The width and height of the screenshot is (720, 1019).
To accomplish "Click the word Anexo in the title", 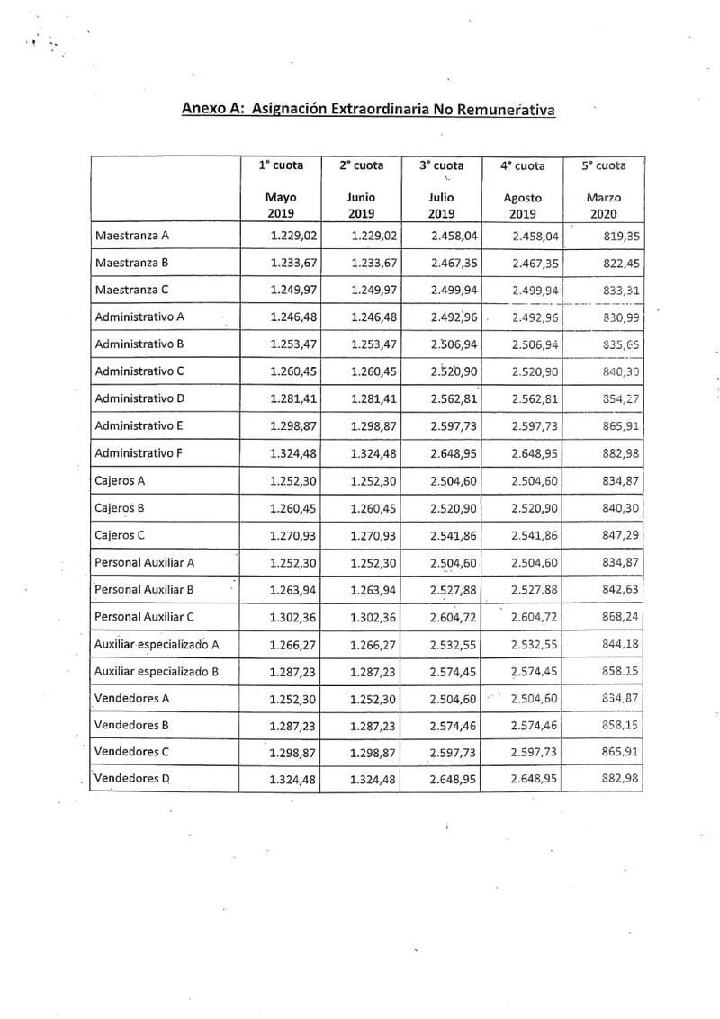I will tap(202, 110).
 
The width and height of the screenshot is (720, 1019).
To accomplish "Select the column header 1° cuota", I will tap(281, 165).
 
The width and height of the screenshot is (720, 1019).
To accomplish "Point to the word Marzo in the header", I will tap(603, 197).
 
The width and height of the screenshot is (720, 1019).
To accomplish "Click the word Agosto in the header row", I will tap(522, 197).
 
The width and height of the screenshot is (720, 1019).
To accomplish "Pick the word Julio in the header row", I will tap(442, 197).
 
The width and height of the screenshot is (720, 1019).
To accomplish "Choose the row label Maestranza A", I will tap(132, 236).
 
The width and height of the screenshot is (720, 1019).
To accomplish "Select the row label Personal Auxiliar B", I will tap(145, 590).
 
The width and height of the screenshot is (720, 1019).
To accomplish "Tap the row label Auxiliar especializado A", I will tap(157, 645).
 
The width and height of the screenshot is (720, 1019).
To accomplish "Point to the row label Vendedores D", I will tap(132, 779).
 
